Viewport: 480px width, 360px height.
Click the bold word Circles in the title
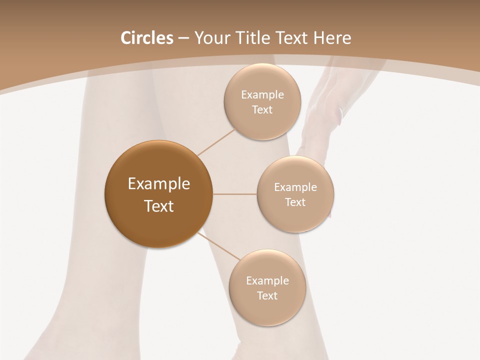click(146, 38)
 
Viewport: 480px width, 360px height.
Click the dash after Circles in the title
click(183, 38)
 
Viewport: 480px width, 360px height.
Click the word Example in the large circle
click(159, 184)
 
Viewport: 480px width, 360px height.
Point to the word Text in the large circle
click(159, 206)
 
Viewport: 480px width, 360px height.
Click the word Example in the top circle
click(262, 95)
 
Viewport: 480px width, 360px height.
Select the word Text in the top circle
click(262, 110)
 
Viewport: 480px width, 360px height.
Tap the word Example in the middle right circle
click(295, 187)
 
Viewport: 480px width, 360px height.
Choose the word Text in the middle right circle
click(295, 202)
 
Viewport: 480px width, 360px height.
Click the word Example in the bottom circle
click(267, 281)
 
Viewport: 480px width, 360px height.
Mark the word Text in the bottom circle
click(267, 296)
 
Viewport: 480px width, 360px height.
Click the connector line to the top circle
click(216, 142)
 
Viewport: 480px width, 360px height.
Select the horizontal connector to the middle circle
click(235, 194)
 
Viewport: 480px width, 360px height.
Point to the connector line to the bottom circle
click(219, 246)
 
